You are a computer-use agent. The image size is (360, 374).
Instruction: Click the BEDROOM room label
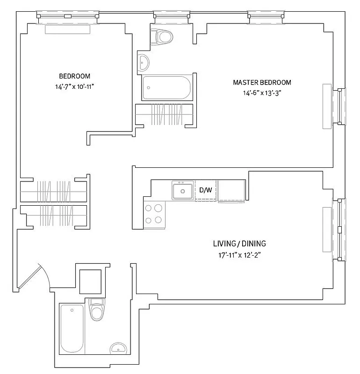[74, 76]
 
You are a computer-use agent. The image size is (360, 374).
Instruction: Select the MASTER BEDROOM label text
[262, 83]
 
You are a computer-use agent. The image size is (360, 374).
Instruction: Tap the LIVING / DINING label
[239, 244]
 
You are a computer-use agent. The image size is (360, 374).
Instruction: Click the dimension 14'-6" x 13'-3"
[262, 93]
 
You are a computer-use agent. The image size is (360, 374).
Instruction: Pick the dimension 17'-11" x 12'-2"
[239, 255]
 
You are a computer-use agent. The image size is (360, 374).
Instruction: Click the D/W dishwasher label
[206, 190]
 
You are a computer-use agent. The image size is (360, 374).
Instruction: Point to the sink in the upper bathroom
[144, 61]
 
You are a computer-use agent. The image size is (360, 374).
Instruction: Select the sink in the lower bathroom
[117, 348]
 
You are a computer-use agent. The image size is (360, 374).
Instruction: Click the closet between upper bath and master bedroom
[164, 114]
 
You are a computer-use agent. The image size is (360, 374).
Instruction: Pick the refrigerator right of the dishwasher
[231, 191]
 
